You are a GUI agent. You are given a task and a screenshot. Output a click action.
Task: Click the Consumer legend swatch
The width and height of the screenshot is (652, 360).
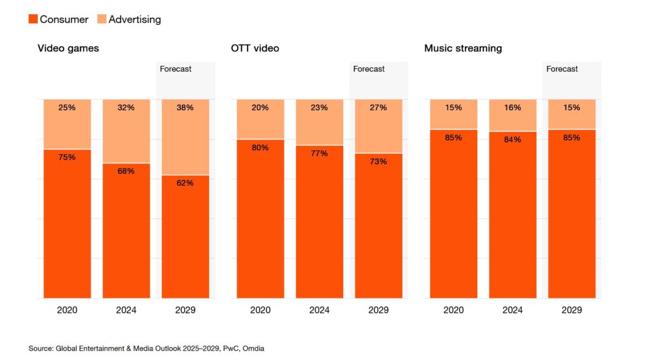33,19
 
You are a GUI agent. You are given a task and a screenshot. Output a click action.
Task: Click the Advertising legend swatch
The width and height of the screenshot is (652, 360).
101,19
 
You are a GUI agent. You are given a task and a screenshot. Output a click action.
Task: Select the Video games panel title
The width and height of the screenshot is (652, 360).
68,48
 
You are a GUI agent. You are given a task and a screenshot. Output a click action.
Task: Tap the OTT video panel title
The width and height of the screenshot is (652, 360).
255,48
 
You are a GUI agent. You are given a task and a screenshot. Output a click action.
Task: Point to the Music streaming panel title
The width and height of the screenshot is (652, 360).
463,48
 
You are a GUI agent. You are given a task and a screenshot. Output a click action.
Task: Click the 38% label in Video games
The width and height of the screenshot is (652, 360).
185,108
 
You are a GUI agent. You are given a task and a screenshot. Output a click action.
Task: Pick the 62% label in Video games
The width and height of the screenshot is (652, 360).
185,183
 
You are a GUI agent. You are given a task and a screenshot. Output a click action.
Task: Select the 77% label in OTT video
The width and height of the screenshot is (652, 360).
319,153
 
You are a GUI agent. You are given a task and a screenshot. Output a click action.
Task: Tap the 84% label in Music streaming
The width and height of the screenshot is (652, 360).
513,140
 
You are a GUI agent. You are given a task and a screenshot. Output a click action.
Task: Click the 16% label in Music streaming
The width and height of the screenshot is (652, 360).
513,108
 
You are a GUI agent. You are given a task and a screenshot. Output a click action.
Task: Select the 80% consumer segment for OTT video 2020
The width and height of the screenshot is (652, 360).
260,222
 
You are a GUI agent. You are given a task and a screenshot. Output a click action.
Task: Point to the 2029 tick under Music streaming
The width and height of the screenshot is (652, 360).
572,310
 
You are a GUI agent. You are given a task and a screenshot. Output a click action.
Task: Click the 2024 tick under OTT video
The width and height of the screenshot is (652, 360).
319,310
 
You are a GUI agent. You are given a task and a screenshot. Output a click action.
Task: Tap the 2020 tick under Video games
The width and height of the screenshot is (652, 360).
67,310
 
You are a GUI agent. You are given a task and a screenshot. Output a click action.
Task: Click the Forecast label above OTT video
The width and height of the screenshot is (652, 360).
369,69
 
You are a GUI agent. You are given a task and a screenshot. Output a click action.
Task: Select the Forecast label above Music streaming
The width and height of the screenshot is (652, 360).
562,69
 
